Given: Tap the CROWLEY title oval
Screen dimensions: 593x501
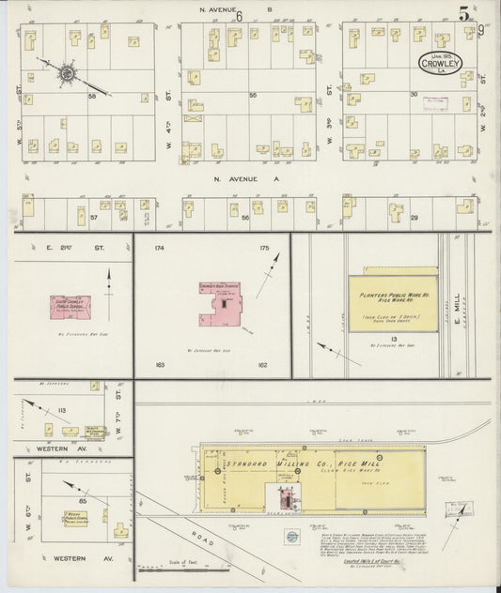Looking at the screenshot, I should pos(446,64).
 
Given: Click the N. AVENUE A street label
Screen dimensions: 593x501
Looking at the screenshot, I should pos(242,178).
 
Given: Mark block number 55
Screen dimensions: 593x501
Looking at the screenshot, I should pos(253,96).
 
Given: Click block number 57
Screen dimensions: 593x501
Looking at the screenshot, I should pos(94,217).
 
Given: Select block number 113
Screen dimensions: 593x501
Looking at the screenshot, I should pos(63,410).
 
